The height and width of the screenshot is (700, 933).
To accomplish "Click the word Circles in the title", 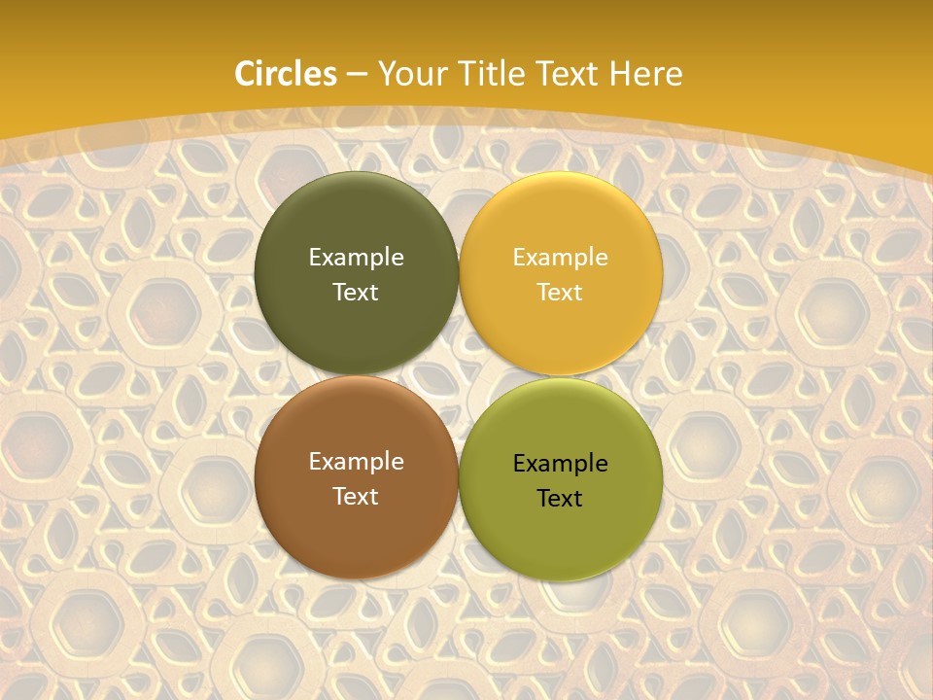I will (286, 74).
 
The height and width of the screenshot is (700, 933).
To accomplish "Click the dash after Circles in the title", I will (357, 75).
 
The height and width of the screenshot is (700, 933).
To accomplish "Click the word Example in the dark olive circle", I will (356, 258).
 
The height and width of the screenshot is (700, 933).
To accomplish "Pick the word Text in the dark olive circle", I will (356, 293).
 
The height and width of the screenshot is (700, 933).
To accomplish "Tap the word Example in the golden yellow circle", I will (560, 258).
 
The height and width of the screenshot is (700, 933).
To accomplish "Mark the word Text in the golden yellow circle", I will (560, 293).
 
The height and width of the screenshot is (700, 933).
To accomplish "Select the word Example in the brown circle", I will (356, 462).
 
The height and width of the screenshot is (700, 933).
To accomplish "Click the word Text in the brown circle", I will (356, 497).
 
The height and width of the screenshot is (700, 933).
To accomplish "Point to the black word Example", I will (560, 464).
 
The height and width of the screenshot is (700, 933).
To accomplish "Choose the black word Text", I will (560, 499).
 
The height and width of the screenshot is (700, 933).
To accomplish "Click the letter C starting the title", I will (245, 74).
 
